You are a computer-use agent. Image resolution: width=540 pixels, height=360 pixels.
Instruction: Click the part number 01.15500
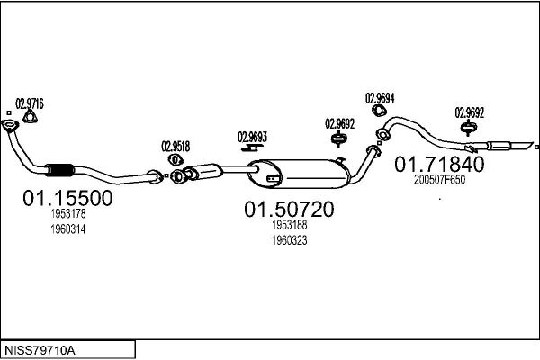67,198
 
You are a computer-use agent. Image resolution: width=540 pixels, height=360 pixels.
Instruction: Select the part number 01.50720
289,209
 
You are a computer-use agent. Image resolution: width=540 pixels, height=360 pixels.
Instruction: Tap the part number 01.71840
439,165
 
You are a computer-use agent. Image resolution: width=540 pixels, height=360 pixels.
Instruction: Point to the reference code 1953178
68,214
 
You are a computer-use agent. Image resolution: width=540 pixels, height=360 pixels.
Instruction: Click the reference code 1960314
68,229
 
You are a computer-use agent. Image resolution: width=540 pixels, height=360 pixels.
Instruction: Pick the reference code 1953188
290,225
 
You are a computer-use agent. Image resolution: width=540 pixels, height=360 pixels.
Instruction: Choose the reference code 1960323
290,240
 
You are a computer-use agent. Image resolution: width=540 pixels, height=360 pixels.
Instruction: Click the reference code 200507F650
439,179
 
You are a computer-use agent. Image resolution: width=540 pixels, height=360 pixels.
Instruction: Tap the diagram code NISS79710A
40,350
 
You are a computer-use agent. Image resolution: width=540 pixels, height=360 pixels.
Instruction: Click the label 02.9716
30,103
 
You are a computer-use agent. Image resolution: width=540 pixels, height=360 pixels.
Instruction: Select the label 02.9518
175,147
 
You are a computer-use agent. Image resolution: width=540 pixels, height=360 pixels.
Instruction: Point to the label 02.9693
252,137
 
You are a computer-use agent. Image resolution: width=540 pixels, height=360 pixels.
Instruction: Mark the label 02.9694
380,98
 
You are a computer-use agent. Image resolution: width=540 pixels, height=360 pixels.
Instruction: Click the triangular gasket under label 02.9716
31,117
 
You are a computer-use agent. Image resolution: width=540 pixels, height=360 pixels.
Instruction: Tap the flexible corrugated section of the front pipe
60,170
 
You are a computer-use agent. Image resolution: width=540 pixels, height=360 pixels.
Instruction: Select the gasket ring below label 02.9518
175,160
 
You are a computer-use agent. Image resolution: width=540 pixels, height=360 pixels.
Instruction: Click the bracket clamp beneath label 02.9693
252,148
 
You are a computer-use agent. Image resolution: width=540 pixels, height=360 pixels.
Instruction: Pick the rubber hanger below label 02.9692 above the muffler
339,139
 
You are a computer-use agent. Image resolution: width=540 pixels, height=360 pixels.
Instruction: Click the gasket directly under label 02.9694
379,111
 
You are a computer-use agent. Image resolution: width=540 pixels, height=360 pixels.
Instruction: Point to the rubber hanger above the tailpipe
469,128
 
